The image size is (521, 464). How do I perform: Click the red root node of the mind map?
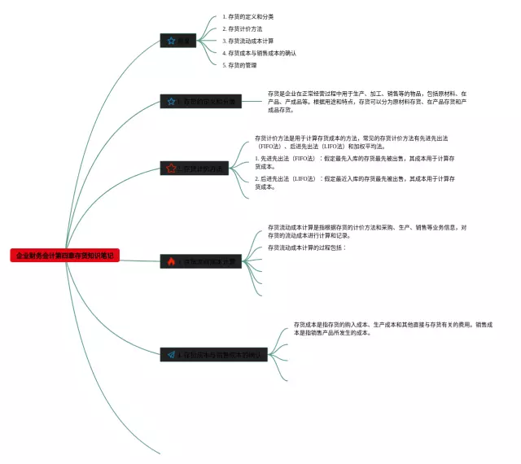tap(65, 256)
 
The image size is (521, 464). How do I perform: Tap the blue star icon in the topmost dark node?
tap(171, 41)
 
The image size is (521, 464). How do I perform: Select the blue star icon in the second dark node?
tap(171, 102)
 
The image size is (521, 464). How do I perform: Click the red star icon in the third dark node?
tap(171, 169)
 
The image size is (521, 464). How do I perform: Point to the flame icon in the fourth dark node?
tap(171, 262)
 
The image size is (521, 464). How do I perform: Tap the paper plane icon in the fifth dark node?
tap(172, 355)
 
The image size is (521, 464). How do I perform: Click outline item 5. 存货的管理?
tap(239, 65)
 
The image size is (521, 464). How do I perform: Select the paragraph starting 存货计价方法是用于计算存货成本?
tap(355, 142)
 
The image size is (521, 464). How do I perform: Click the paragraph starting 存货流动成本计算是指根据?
tap(366, 231)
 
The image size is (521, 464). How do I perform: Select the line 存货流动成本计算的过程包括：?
tap(307, 247)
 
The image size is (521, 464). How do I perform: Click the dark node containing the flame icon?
tap(202, 262)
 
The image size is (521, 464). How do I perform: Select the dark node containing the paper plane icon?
tap(213, 355)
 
